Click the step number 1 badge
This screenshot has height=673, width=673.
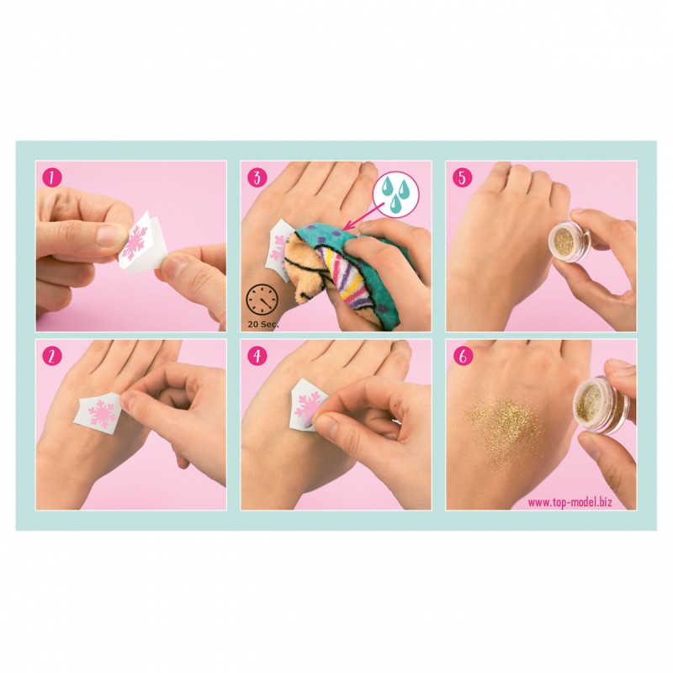51,178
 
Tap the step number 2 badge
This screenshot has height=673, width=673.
51,356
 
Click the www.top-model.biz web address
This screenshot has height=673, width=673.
580,502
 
